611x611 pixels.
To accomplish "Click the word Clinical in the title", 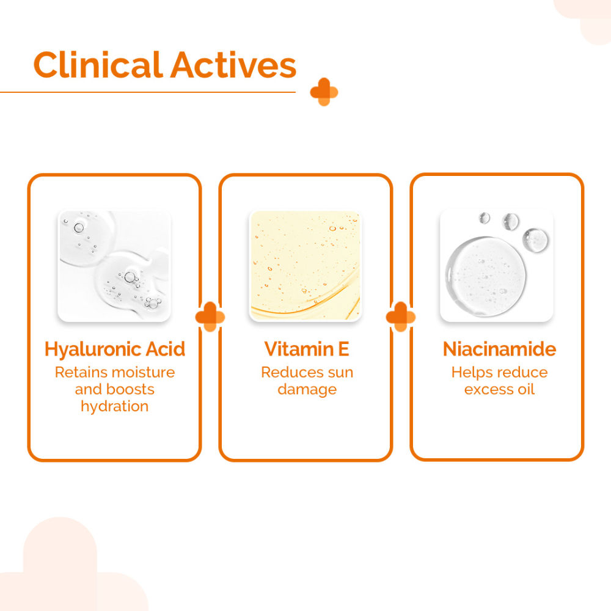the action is click(98, 64).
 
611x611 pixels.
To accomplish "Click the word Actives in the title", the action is click(233, 65).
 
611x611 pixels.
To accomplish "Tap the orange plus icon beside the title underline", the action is click(324, 92).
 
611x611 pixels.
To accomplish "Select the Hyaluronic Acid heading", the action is click(115, 349).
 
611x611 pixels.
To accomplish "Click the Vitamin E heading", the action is click(306, 349).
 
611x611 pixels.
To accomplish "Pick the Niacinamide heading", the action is click(499, 349).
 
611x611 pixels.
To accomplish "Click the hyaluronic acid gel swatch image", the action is click(114, 266).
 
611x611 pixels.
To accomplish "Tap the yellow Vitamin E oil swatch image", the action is click(305, 266).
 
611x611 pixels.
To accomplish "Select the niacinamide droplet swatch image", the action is click(496, 266).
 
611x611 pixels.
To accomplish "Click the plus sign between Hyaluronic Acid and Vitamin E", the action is click(210, 316).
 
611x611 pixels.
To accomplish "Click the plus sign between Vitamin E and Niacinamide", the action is click(401, 316).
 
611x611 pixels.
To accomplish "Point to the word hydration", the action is click(115, 406).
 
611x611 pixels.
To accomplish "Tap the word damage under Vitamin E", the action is click(307, 390).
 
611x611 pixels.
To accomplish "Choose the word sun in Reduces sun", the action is click(340, 373).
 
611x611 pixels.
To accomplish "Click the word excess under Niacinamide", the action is click(486, 390).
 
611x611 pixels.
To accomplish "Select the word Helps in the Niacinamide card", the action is click(470, 373).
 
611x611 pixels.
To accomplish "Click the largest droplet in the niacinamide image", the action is click(486, 276).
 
